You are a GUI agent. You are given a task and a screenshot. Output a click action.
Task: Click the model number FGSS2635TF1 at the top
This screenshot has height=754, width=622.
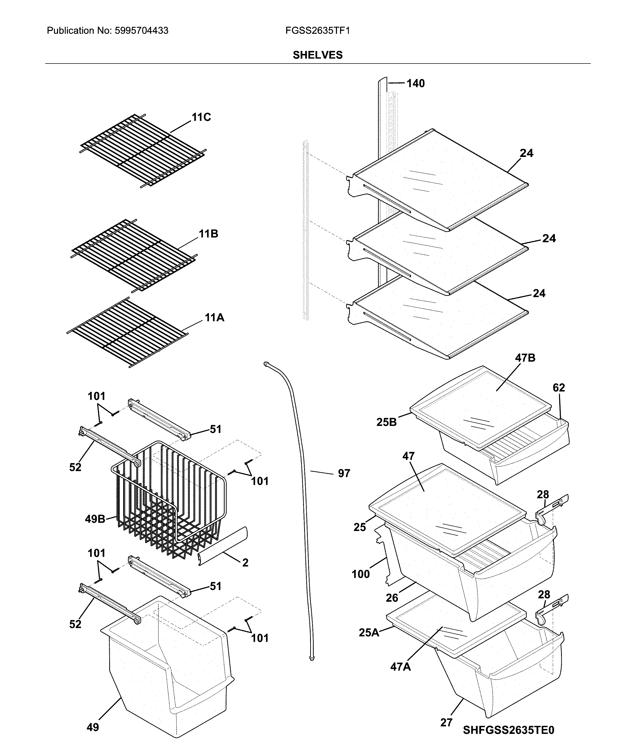(x=317, y=31)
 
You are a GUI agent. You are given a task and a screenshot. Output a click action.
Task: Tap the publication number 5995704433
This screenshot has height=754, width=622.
(x=141, y=31)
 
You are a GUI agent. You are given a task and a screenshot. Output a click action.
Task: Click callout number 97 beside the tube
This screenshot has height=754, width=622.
(x=344, y=473)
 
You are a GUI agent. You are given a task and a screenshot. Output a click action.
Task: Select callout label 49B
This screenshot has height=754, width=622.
(x=95, y=519)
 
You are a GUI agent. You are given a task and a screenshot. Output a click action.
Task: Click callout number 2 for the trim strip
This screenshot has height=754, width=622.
(x=245, y=562)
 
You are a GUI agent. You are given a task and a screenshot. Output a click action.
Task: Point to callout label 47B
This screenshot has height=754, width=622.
(x=525, y=358)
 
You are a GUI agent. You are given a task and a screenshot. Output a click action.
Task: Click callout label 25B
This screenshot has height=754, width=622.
(x=387, y=422)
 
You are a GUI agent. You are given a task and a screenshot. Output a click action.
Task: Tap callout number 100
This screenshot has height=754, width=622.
(x=360, y=574)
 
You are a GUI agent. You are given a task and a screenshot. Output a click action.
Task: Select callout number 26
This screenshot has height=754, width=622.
(x=392, y=598)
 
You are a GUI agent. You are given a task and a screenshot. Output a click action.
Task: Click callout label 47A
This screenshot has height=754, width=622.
(x=400, y=666)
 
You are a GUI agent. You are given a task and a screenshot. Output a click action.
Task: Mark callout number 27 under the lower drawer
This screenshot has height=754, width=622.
(x=446, y=723)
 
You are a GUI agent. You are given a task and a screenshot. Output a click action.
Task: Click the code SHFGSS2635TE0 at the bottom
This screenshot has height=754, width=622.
(x=508, y=730)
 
